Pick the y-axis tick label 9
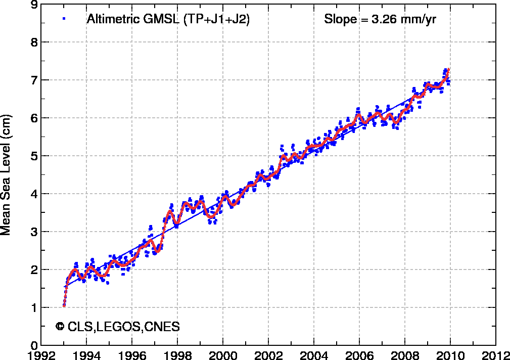click(33, 5)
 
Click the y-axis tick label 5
click(33, 156)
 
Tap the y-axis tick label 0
click(33, 345)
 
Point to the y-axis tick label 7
click(33, 80)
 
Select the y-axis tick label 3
click(33, 232)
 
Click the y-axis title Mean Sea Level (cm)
click(7, 174)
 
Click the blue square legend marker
click(64, 19)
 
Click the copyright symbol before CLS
click(60, 327)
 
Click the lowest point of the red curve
click(64, 305)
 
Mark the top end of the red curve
click(449, 69)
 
